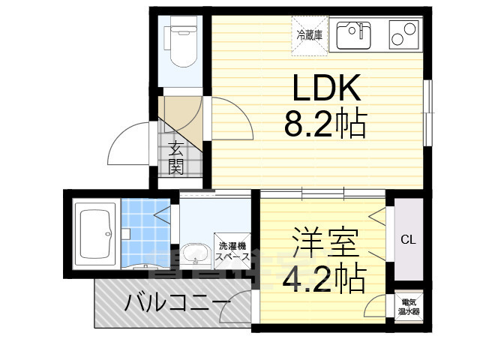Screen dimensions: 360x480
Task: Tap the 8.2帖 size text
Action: tap(325, 124)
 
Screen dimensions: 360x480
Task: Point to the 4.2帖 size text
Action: tap(324, 278)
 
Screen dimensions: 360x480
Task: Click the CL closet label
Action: tap(407, 240)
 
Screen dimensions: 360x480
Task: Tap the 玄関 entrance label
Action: tap(177, 157)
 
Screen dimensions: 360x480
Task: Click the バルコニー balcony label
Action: tap(177, 304)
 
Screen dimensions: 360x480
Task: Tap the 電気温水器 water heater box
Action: tap(408, 306)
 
